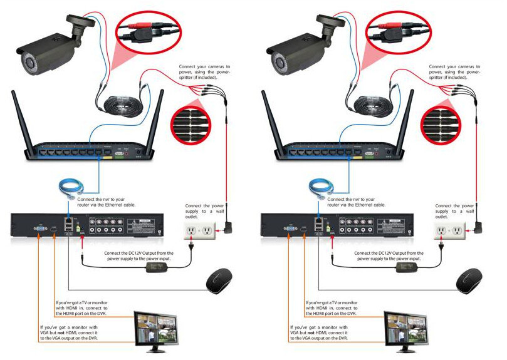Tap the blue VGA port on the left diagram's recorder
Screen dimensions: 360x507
click(40, 230)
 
